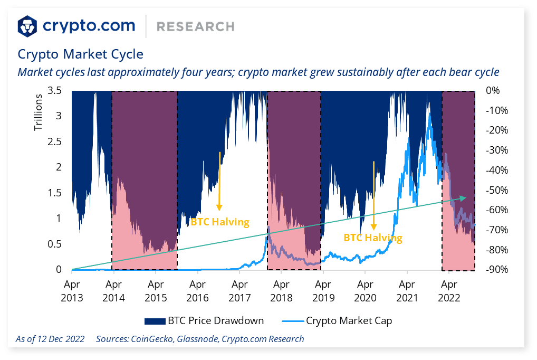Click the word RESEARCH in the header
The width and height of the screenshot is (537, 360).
point(196,26)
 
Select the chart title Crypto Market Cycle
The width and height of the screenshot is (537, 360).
point(80,54)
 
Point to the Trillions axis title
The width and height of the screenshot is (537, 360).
point(38,112)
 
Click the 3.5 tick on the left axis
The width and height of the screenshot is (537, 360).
point(55,90)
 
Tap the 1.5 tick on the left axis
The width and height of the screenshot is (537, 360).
point(55,193)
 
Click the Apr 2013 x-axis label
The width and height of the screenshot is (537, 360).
point(72,290)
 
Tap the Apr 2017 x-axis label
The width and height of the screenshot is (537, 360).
point(239,290)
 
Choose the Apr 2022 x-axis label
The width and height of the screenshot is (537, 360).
point(448,290)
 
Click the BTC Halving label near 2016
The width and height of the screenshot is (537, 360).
point(219,222)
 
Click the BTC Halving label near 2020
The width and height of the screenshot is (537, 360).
point(373,238)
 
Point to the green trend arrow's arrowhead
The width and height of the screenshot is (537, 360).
point(464,197)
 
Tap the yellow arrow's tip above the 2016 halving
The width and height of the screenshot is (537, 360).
point(219,209)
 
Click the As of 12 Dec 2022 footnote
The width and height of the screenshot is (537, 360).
point(50,339)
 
